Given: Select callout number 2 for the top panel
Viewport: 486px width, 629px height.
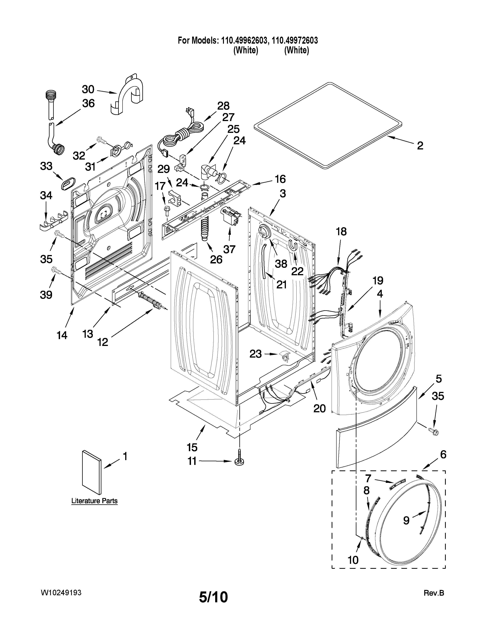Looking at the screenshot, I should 420,146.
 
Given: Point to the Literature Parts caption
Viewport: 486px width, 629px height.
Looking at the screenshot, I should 94,501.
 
